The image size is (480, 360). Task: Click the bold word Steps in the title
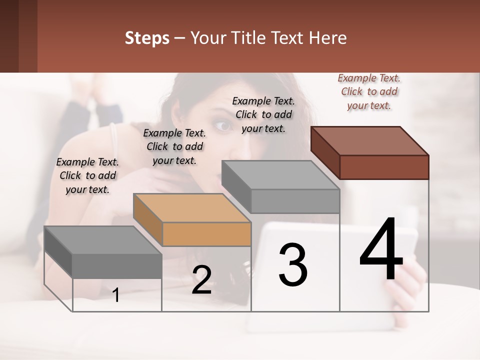(x=147, y=38)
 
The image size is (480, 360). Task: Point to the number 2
(x=201, y=280)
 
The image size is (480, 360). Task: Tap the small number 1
(x=116, y=295)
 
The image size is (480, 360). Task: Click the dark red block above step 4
(x=370, y=152)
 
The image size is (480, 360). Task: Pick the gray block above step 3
(x=281, y=186)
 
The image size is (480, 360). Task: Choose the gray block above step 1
(x=103, y=251)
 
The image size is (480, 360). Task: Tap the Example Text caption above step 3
(x=263, y=114)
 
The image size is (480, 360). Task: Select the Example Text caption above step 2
(x=174, y=146)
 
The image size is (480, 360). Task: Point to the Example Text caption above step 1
(x=87, y=175)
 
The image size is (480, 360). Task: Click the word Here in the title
(x=328, y=38)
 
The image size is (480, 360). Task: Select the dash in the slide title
(x=180, y=38)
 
